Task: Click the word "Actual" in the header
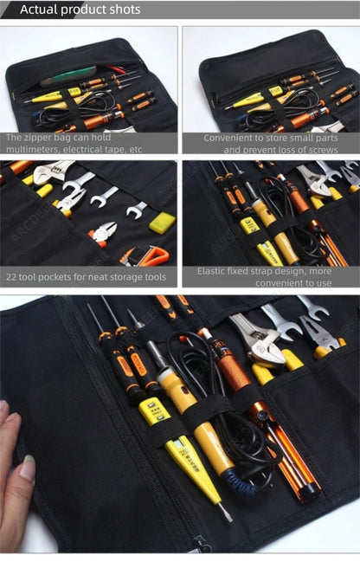point(38,10)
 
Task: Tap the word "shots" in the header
point(122,10)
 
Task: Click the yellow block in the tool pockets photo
point(162,222)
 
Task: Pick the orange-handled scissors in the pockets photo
point(148,255)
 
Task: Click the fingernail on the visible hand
point(27,468)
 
